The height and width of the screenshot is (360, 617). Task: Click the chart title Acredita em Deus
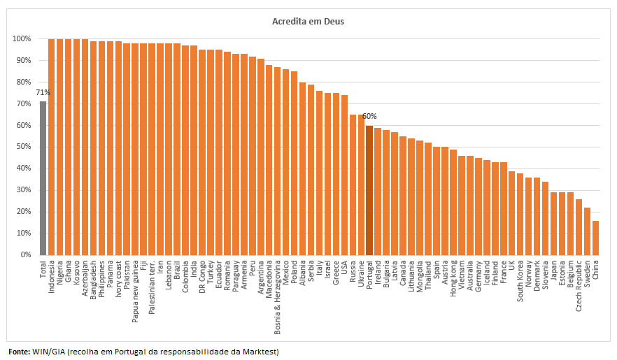(x=308, y=21)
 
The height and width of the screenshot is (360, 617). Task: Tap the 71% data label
(x=43, y=92)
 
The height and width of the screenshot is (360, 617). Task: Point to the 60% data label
(x=369, y=116)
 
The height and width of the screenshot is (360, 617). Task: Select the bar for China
(x=595, y=238)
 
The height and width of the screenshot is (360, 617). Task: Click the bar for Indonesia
(x=52, y=147)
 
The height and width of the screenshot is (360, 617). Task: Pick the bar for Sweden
(x=587, y=231)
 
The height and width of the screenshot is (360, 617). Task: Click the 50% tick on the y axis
(x=22, y=147)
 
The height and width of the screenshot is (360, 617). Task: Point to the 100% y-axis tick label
(x=21, y=38)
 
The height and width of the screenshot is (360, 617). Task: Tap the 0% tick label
(x=24, y=255)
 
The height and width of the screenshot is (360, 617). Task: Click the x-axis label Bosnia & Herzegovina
(x=278, y=290)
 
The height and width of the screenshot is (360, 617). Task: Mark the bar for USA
(x=344, y=175)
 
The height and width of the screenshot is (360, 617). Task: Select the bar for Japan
(x=553, y=224)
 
